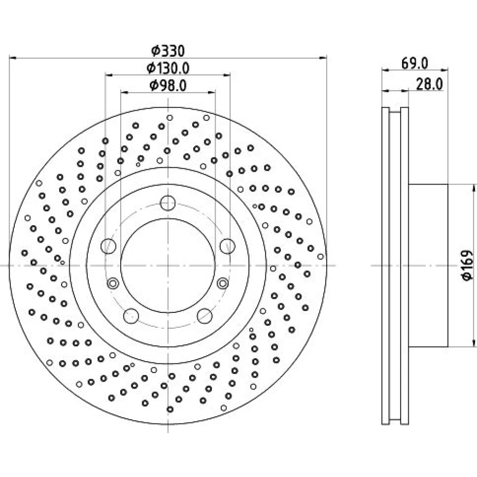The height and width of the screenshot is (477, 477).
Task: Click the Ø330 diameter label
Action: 168,51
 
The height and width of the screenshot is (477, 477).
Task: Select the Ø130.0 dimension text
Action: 168,68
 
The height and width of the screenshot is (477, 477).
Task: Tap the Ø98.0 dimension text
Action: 168,85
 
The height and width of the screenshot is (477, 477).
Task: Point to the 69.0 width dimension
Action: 415,63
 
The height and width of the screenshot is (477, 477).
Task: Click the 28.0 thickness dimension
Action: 429,84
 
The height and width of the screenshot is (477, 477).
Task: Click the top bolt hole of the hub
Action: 167,203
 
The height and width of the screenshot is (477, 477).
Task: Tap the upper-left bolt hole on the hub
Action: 108,246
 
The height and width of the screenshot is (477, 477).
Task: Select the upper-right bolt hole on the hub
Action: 227,246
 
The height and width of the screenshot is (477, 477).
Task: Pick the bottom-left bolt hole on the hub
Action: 131,316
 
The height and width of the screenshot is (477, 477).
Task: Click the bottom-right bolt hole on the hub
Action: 205,316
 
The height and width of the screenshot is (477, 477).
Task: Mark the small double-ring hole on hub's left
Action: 113,283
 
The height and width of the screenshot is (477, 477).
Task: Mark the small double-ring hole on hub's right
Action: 223,283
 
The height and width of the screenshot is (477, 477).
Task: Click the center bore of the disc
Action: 168,265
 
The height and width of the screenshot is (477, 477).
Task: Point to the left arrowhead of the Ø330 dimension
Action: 13,57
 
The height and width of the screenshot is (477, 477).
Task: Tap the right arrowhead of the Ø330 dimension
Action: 323,57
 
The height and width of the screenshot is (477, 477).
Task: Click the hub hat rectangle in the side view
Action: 428,265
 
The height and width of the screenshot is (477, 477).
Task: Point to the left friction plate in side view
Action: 385,266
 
